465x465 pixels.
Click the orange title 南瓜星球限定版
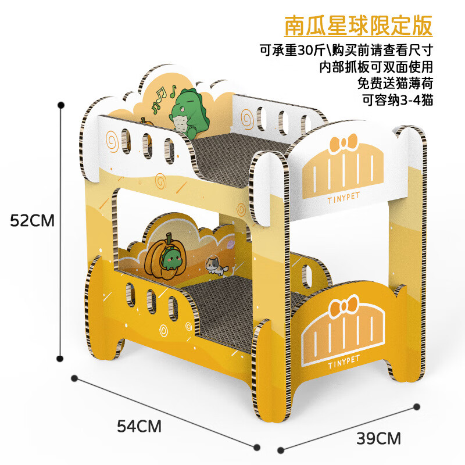pos(357,26)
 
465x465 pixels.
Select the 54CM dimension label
pos(139,426)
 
